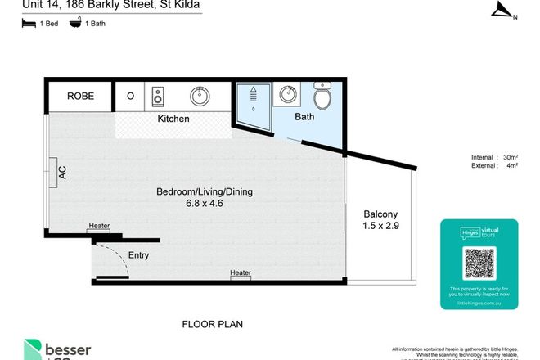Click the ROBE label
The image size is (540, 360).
pyautogui.click(x=80, y=97)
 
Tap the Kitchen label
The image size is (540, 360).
pyautogui.click(x=173, y=119)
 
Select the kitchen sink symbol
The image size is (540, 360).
pyautogui.click(x=200, y=97)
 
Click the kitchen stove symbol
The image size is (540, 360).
pyautogui.click(x=159, y=97)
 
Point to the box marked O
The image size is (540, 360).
pyautogui.click(x=130, y=97)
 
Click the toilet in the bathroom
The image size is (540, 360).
pyautogui.click(x=324, y=98)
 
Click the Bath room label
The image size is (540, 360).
pyautogui.click(x=304, y=118)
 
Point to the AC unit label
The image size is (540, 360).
pyautogui.click(x=61, y=173)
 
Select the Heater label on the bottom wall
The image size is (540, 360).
pyautogui.click(x=241, y=273)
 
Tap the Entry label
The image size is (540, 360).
pyautogui.click(x=138, y=255)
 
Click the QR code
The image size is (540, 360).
pyautogui.click(x=479, y=263)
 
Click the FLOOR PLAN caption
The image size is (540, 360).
pyautogui.click(x=212, y=324)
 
